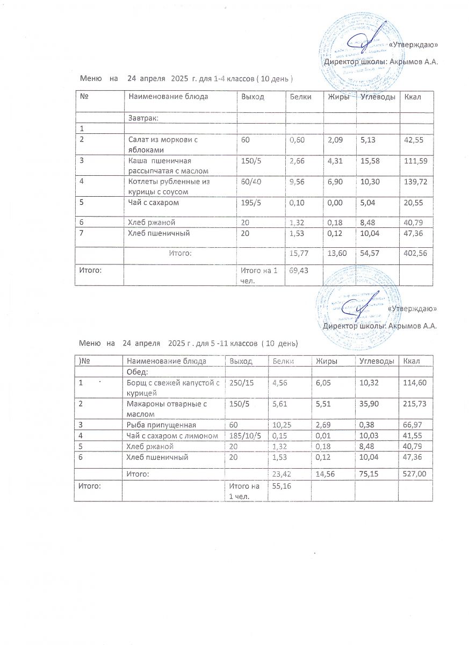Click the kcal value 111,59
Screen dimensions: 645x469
pyautogui.click(x=415, y=160)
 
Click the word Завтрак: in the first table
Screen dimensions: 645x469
pyautogui.click(x=146, y=117)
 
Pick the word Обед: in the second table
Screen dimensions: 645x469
pyautogui.click(x=137, y=372)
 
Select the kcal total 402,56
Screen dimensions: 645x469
pyautogui.click(x=415, y=253)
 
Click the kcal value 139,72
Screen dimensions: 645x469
pyautogui.click(x=415, y=182)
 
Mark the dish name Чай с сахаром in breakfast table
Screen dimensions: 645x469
pyautogui.click(x=153, y=203)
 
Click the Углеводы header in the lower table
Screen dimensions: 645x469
pyautogui.click(x=377, y=361)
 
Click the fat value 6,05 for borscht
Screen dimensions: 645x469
pyautogui.click(x=325, y=383)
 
